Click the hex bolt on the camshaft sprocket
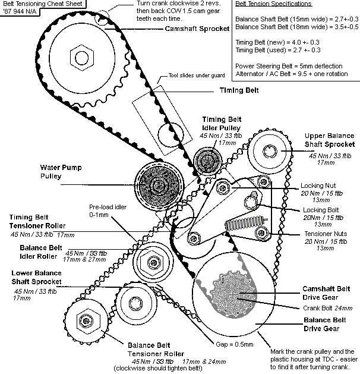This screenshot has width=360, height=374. (79, 57)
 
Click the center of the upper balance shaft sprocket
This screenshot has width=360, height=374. (271, 150)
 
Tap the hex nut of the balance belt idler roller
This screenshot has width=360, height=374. (150, 261)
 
